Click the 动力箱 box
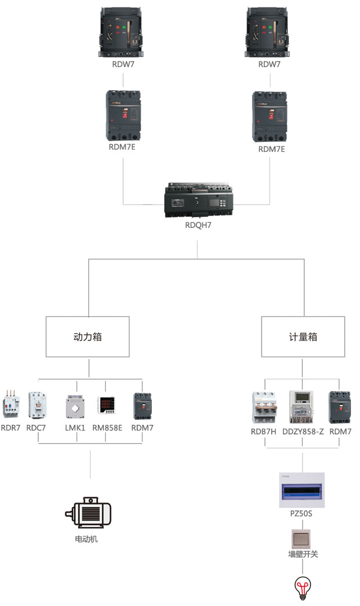click(x=87, y=336)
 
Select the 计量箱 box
click(x=303, y=336)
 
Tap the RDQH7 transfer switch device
click(x=197, y=200)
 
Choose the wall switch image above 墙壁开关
click(x=303, y=538)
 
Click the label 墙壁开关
click(x=303, y=554)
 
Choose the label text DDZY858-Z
click(x=303, y=432)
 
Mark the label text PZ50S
click(x=303, y=514)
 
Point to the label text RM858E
click(x=107, y=428)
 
